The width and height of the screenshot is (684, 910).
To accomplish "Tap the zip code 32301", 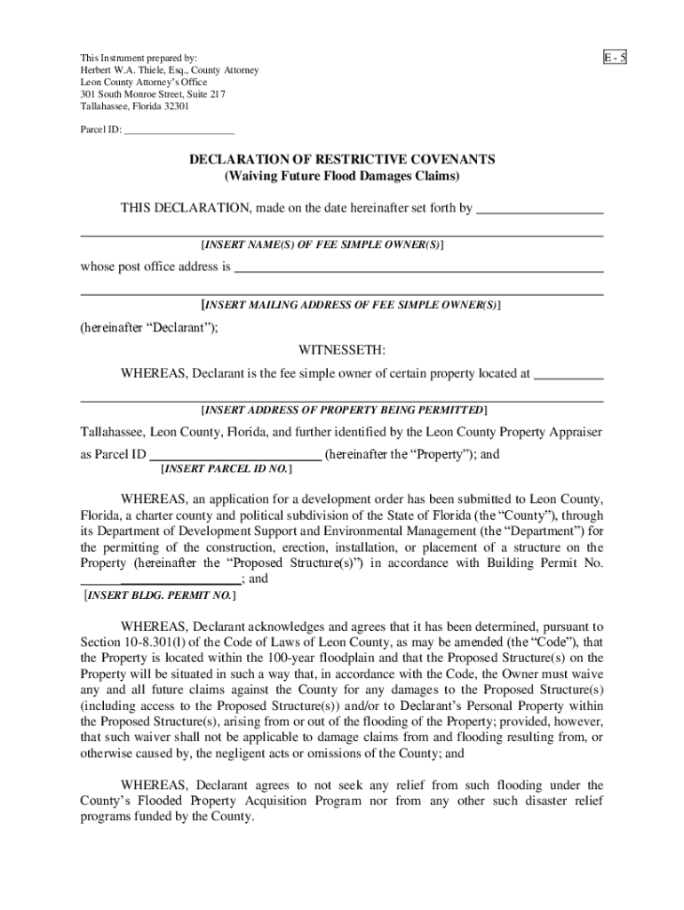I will tap(174, 107).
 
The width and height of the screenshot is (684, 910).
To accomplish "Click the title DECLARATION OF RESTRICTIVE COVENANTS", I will tap(342, 159).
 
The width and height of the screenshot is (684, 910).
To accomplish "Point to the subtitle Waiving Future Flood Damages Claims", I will tap(342, 176).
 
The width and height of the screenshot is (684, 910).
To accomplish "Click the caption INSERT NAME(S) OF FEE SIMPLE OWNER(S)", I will tap(323, 243).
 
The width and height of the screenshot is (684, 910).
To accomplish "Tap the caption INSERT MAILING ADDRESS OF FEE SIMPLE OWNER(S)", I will tap(351, 305).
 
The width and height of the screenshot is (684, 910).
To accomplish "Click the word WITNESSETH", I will tap(342, 350).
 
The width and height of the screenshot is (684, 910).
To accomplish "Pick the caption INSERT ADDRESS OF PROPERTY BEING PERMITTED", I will tap(344, 410).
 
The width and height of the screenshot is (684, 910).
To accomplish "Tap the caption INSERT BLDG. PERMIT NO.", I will tap(159, 596).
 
